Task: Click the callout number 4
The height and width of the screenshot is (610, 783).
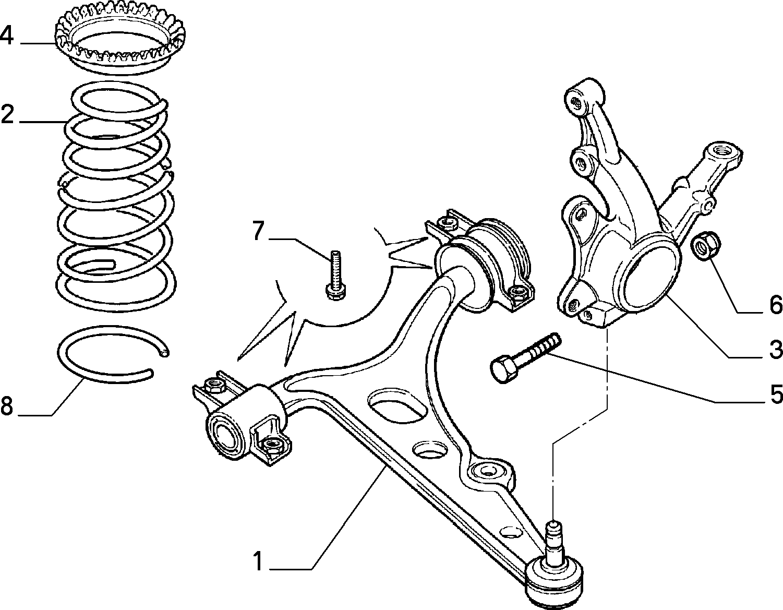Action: pos(7,35)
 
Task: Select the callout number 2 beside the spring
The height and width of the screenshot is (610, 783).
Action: pos(7,114)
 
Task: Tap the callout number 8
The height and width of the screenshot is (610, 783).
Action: pos(7,406)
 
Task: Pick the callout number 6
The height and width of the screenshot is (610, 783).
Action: pos(776,304)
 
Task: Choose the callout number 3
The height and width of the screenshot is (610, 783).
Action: pos(776,349)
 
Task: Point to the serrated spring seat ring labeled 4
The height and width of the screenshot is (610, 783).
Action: pos(115,39)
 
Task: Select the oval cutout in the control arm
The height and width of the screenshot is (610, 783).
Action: pos(396,404)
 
